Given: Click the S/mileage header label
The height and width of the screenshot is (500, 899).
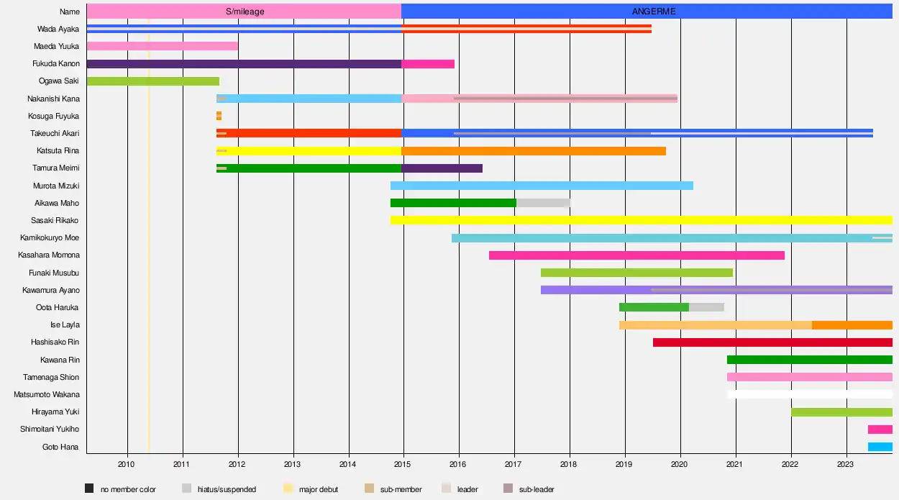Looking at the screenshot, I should [245, 12].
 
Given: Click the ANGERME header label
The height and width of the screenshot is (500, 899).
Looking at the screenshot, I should [654, 12].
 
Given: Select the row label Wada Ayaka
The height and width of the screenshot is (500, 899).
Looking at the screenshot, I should [58, 29].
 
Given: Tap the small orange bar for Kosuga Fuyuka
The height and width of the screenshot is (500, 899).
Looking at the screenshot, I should [219, 116].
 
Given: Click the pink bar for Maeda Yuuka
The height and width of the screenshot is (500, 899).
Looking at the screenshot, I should [162, 46].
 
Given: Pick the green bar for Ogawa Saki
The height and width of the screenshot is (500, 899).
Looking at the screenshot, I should [152, 81].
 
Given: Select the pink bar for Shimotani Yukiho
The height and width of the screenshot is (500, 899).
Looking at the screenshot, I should [880, 429].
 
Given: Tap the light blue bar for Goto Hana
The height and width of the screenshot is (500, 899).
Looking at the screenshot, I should [880, 447].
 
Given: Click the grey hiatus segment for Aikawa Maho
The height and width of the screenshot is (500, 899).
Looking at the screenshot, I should [543, 203].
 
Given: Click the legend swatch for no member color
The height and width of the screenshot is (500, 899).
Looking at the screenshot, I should [89, 489].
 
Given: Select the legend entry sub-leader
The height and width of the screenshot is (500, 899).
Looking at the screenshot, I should [536, 489].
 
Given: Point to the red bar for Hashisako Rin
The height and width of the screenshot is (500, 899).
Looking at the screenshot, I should [772, 342].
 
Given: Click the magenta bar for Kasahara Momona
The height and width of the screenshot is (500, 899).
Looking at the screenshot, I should [636, 255].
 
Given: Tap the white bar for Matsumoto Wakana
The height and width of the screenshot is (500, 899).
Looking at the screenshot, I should [810, 394].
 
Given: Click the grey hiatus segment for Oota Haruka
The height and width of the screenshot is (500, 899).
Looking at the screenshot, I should [706, 307].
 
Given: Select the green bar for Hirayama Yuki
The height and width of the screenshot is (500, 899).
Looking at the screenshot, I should [841, 412].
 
